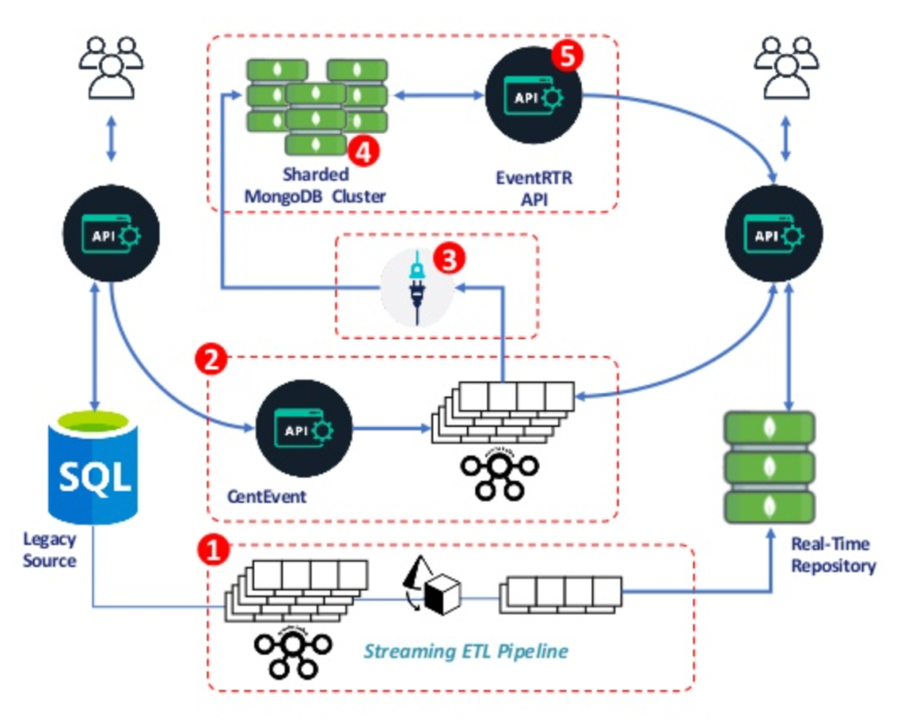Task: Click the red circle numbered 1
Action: click(x=212, y=550)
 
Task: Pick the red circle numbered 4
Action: click(x=363, y=151)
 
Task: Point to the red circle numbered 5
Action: click(x=567, y=57)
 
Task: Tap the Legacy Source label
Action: click(x=49, y=550)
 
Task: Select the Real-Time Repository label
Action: click(x=833, y=555)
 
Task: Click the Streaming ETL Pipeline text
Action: click(x=466, y=651)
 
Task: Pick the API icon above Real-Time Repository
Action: click(x=774, y=234)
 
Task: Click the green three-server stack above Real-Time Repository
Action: click(x=768, y=468)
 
